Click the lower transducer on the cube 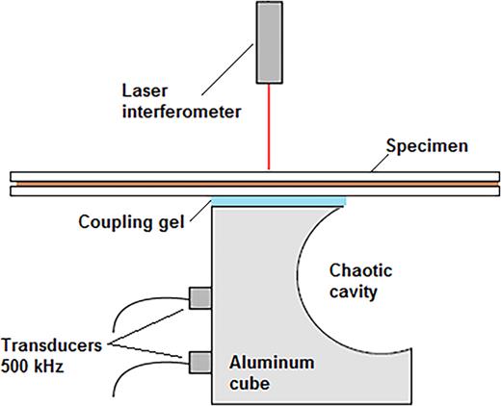click(200, 362)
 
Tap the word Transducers click(49, 344)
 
